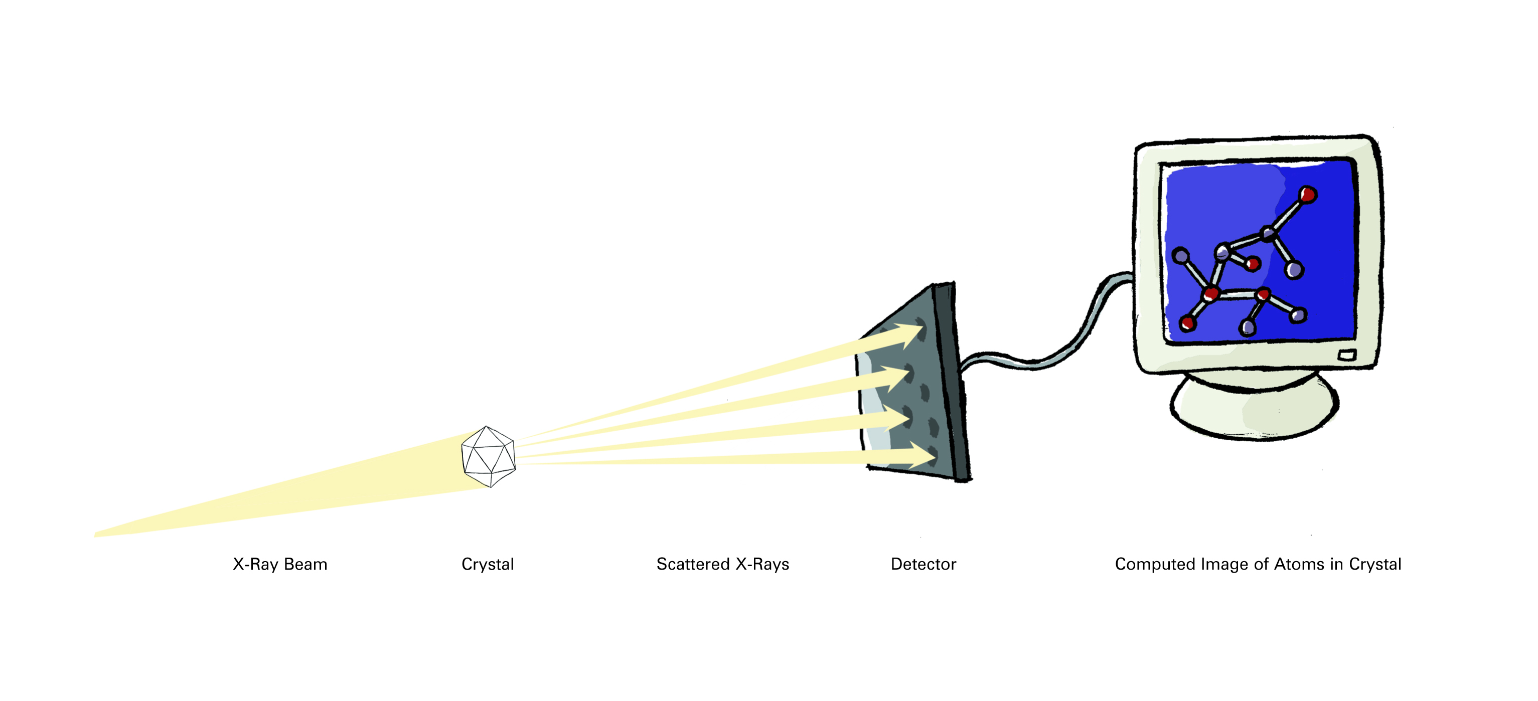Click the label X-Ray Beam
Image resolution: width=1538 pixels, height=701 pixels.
coord(280,565)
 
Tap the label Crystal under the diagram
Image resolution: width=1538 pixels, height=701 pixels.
coord(488,565)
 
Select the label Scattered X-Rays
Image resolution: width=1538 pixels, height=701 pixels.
coord(722,565)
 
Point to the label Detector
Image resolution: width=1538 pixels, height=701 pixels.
coord(923,565)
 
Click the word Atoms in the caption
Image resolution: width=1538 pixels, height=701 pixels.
coord(1299,565)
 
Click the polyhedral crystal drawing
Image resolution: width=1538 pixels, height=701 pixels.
coord(489,456)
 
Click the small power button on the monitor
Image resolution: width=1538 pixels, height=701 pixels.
coord(1347,356)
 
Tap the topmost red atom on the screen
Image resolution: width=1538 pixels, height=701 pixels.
coord(1308,195)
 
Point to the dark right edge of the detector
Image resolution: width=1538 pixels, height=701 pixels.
coord(952,382)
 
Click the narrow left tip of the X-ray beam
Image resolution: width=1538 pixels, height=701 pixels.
coord(95,535)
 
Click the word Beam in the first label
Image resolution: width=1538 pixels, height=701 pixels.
coord(305,565)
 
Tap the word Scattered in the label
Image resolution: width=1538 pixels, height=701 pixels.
coord(693,565)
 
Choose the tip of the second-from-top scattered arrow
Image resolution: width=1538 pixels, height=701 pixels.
coord(911,374)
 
